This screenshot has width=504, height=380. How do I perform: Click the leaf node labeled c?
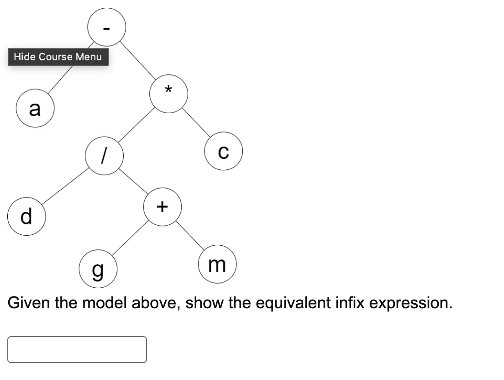223,151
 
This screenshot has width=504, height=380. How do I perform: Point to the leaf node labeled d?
26,216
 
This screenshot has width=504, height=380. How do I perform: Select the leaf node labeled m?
216,264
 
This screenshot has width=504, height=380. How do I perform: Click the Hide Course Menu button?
58,57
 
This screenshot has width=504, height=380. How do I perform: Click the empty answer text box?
77,349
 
